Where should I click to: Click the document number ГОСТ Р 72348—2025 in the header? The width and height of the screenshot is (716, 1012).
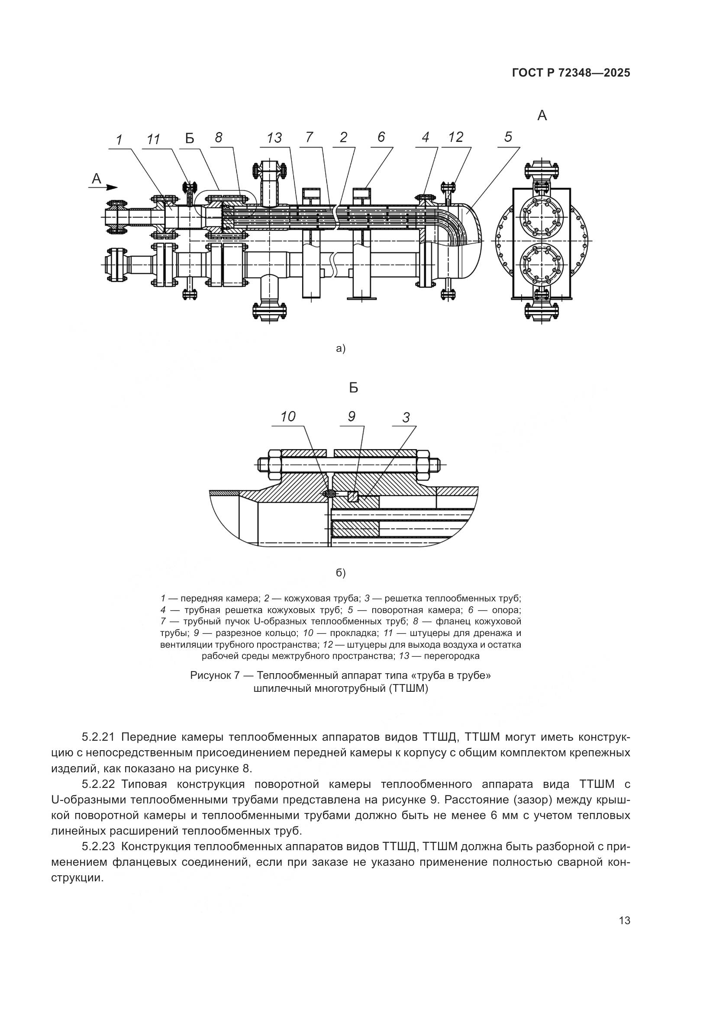click(x=571, y=73)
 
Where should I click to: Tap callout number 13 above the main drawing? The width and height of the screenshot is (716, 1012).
click(x=274, y=138)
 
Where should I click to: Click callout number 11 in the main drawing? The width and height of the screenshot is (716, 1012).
click(x=153, y=140)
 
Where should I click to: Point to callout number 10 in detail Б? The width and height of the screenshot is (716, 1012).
click(x=288, y=417)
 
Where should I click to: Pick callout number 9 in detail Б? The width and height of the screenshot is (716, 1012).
click(x=352, y=416)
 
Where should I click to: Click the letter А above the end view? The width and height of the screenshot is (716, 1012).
click(x=542, y=116)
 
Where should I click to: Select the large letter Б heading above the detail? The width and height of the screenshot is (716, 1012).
click(x=353, y=388)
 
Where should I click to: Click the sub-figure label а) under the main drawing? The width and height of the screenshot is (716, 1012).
click(x=341, y=349)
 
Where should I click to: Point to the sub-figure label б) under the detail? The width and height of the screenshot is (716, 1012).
click(x=341, y=573)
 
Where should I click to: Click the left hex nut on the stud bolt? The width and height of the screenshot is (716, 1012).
click(x=273, y=465)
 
